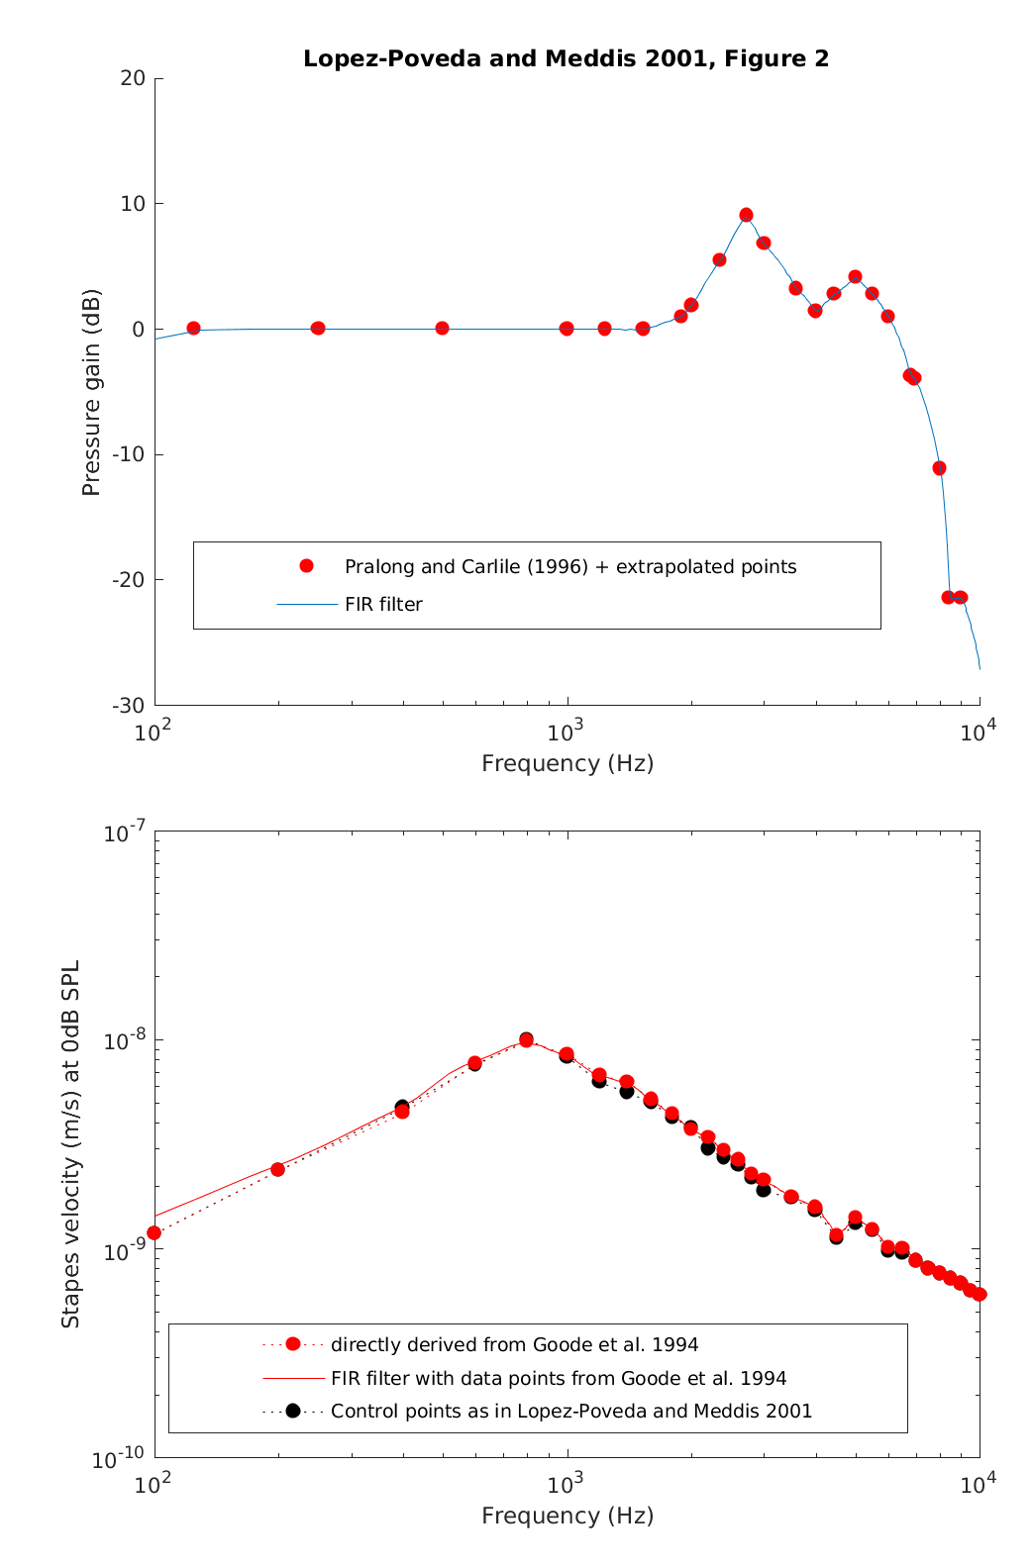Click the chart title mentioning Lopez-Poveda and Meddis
566,59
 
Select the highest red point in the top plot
746,215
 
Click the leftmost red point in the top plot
193,328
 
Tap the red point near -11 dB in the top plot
939,468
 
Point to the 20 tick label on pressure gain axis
133,79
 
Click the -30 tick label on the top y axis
129,706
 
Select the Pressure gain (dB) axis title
91,393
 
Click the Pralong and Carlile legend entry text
570,567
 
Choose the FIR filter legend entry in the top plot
383,605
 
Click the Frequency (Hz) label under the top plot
568,763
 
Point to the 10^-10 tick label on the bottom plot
120,1458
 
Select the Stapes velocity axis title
70,1144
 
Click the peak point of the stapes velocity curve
526,1040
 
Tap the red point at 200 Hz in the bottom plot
277,1169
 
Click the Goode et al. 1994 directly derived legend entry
514,1344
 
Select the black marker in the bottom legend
293,1411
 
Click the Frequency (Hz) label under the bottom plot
568,1516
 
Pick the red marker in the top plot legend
306,566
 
